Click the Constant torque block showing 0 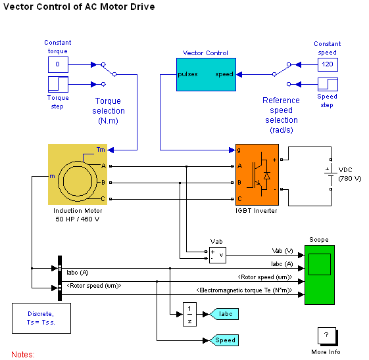pos(58,64)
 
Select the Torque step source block pos(58,84)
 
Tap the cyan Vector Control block pos(206,74)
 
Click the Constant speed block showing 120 pos(328,64)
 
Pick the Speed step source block pos(328,84)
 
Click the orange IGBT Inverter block pos(257,175)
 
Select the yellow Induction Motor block pos(78,174)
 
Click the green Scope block pos(320,275)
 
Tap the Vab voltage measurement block pos(218,255)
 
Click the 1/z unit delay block pos(189,314)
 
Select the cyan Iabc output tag pos(224,314)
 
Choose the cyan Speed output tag pos(224,340)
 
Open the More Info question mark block pos(328,336)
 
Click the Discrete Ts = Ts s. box pos(41,318)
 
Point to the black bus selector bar pos(60,279)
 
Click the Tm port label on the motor pos(101,150)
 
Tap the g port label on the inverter pos(239,150)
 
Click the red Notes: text pos(23,354)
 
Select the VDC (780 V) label pos(350,174)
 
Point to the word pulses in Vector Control pos(187,74)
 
